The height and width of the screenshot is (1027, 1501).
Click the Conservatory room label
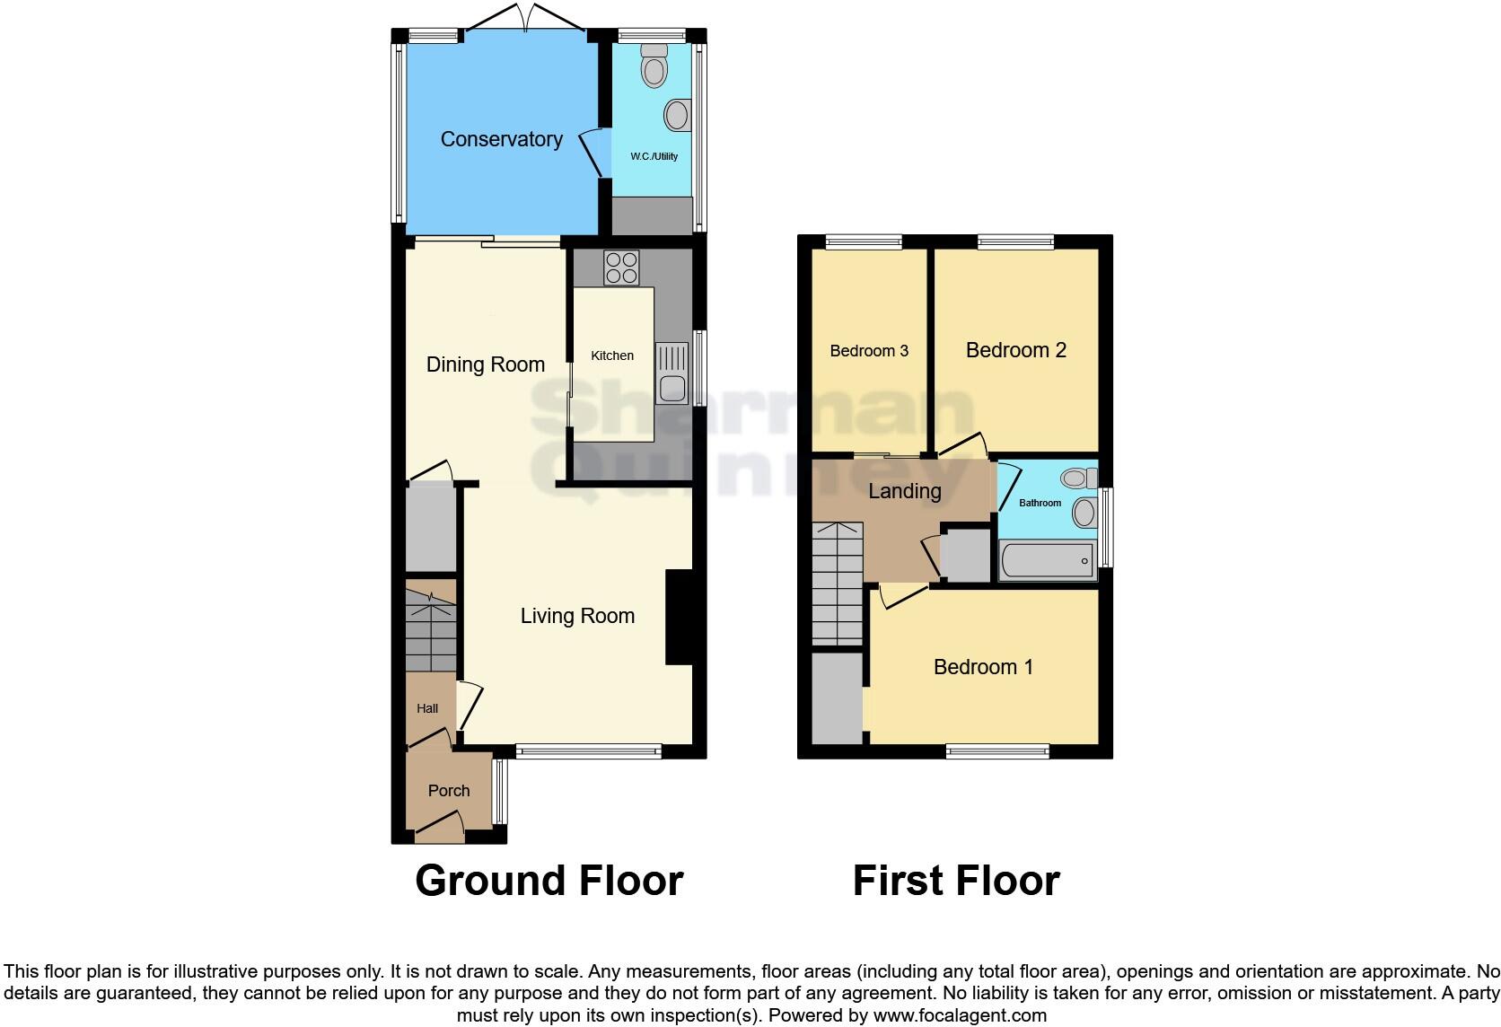501,139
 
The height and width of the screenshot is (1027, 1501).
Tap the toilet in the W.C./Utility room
654,65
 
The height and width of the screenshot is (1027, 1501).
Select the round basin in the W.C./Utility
677,115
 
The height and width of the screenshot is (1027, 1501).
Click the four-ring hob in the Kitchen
621,267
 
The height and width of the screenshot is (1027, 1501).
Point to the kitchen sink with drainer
671,373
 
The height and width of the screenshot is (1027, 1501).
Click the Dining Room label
485,364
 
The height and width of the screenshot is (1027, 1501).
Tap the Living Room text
577,616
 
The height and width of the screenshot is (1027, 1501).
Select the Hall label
427,708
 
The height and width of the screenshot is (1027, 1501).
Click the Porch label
448,791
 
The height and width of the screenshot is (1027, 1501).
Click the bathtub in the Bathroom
1046,561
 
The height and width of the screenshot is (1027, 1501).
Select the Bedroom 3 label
869,351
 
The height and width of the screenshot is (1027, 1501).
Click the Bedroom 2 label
1015,350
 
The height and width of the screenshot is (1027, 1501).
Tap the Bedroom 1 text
983,667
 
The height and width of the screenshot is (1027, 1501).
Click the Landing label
904,491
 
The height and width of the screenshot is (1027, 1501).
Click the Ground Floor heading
549,881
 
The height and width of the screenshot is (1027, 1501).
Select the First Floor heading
956,881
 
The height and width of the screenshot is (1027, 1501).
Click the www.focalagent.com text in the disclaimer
960,1015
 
